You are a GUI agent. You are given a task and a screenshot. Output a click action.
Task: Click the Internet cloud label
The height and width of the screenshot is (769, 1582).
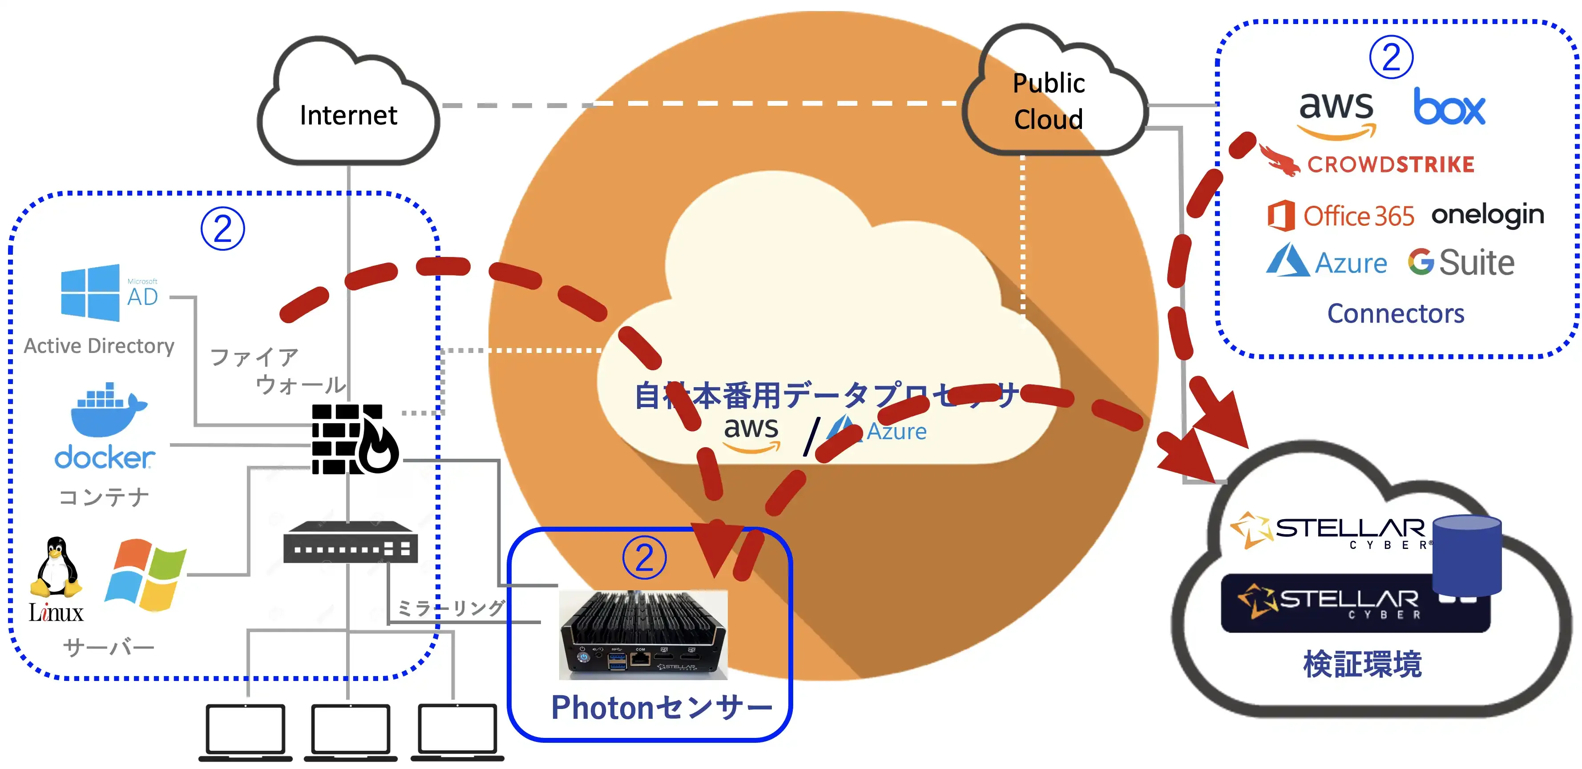coord(348,116)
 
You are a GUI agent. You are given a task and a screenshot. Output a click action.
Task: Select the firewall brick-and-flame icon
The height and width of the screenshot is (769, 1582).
coord(355,439)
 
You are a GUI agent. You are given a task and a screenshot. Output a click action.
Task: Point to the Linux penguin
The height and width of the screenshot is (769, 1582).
coord(56,568)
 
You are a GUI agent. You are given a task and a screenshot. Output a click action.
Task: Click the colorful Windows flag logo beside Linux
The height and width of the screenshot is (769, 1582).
coord(146,575)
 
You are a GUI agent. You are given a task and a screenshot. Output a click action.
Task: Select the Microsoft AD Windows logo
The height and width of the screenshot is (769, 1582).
coord(90,293)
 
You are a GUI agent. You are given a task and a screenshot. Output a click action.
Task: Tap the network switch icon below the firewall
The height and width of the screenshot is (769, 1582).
coord(350,543)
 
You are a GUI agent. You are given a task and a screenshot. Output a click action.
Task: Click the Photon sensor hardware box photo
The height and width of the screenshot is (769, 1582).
coord(642,635)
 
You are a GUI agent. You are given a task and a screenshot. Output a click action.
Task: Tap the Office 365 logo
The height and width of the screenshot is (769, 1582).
coord(1341,216)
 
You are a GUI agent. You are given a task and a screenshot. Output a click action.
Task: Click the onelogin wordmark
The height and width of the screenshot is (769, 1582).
coord(1487,215)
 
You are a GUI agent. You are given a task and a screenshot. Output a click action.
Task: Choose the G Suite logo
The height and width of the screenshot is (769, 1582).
coord(1461,263)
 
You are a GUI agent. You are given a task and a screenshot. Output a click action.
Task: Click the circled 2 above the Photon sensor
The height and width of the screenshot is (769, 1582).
coord(644,558)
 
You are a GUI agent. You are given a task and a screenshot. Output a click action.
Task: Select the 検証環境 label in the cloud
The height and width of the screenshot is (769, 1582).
coord(1362,664)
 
